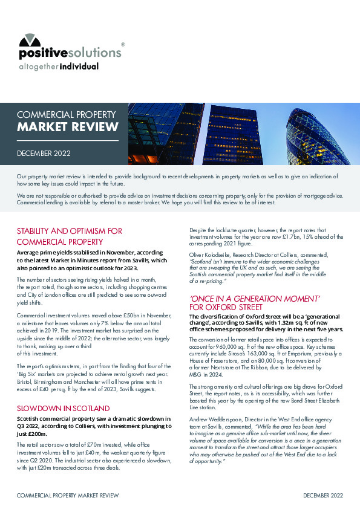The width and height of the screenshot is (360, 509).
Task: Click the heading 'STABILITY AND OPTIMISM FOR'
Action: tap(70, 231)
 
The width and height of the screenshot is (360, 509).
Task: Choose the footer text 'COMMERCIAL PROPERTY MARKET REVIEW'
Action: tap(67, 495)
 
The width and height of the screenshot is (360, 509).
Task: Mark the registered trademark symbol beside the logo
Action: tap(123, 44)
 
